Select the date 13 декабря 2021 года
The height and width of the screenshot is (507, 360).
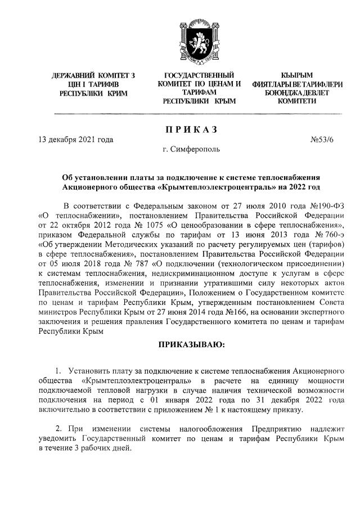click(75, 140)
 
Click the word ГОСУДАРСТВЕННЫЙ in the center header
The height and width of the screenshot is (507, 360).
click(199, 75)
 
